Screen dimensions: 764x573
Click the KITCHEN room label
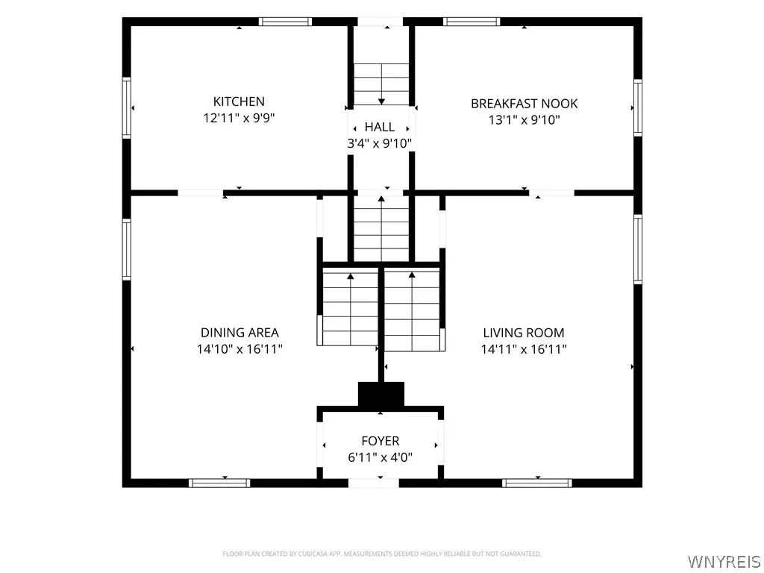click(239, 101)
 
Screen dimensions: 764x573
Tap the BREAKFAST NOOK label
click(525, 103)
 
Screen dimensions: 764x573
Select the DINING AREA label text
click(239, 332)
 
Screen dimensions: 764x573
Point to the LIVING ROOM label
click(524, 332)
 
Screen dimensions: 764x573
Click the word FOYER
click(380, 440)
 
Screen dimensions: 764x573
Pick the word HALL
click(380, 127)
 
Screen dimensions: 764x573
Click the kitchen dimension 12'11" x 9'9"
click(239, 118)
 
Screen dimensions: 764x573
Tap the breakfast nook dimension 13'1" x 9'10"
click(525, 119)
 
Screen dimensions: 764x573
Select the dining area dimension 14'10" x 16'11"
click(239, 349)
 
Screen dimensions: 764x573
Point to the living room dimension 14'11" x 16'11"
click(524, 349)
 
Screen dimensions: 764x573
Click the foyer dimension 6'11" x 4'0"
click(380, 457)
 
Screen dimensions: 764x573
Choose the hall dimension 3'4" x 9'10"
click(380, 143)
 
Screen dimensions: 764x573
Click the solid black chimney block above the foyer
click(381, 394)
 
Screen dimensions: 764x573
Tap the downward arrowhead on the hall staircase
click(381, 101)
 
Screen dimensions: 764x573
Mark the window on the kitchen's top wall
click(285, 22)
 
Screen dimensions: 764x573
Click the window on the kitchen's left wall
click(127, 107)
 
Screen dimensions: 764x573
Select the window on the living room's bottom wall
click(537, 483)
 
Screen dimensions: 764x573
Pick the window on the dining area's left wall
click(127, 249)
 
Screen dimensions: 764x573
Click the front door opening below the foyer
click(374, 483)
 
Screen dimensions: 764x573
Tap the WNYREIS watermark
click(724, 561)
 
